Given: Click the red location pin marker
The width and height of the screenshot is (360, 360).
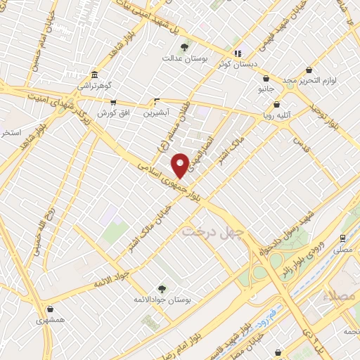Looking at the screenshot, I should tap(181, 165).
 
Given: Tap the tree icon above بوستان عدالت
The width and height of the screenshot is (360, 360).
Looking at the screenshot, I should tap(184, 48).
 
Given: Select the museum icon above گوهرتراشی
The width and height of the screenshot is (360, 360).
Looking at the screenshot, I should tap(94, 75).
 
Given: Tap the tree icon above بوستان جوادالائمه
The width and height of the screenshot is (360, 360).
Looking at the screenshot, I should tap(162, 288).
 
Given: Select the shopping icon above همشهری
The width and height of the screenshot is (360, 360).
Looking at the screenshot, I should tap(50, 309).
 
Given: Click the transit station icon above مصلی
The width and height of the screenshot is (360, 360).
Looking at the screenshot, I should tap(342, 238).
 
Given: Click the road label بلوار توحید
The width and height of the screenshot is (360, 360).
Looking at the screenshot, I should tap(326, 117).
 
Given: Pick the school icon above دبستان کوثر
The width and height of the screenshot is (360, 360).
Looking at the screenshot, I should tap(238, 53).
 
